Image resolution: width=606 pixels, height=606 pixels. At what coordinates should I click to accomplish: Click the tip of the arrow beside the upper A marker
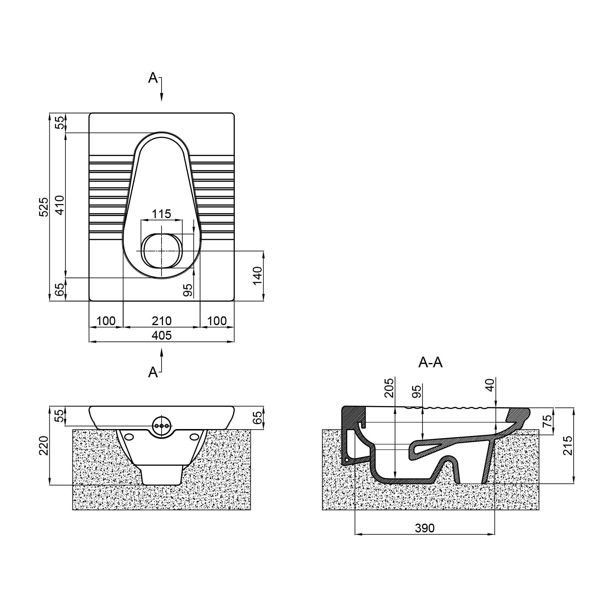(x=162, y=101)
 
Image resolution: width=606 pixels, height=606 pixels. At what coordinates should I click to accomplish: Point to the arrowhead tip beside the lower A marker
(x=162, y=349)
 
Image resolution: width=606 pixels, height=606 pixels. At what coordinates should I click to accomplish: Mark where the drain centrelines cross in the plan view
(x=162, y=251)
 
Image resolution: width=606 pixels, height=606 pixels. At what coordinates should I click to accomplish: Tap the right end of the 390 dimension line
(x=495, y=534)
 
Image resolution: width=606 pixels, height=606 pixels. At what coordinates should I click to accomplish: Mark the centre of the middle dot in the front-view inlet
(x=162, y=426)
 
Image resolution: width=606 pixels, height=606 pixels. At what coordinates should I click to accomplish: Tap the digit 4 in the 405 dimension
(x=155, y=336)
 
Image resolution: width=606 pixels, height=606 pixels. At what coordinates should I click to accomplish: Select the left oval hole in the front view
(x=128, y=437)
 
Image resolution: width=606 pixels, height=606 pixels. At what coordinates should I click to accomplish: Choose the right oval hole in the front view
(x=195, y=437)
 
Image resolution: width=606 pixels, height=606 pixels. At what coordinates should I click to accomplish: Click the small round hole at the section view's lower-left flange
(x=347, y=460)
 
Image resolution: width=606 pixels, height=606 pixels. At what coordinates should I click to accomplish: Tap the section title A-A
(x=430, y=363)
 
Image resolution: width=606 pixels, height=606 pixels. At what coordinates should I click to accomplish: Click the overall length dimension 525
(x=44, y=207)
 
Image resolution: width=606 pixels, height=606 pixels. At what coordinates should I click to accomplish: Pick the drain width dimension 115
(x=161, y=214)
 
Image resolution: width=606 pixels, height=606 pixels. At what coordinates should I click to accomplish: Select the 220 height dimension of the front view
(x=44, y=445)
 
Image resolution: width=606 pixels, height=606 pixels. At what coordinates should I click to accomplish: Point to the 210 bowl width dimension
(x=161, y=321)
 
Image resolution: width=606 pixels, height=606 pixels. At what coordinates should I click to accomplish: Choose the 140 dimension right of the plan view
(x=258, y=275)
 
